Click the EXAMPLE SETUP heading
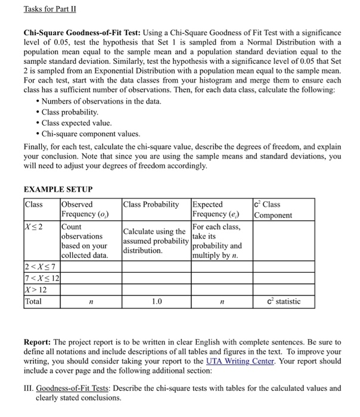(58, 189)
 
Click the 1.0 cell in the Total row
(156, 301)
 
